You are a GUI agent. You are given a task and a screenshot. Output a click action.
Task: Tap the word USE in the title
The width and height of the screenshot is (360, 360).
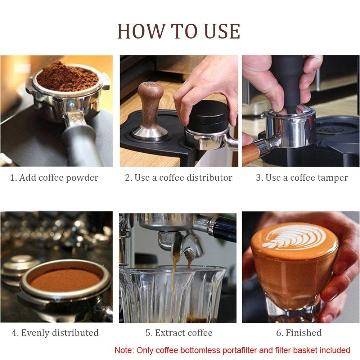(x=222, y=31)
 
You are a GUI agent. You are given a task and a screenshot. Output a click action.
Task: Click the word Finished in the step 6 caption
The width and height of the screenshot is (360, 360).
(x=303, y=333)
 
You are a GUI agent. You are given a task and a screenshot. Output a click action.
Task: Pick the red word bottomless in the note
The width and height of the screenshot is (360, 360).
(x=200, y=350)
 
